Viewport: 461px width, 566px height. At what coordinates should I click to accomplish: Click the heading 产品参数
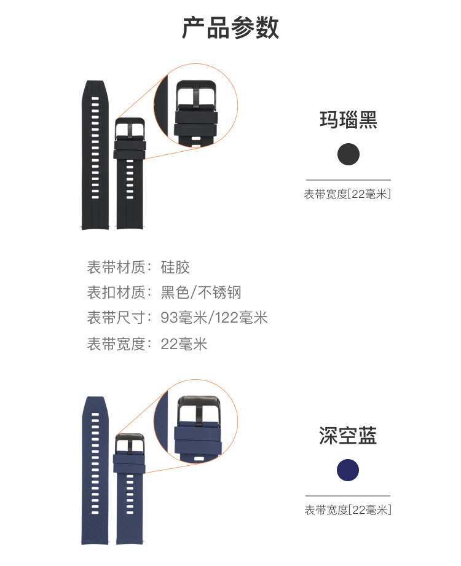point(230,28)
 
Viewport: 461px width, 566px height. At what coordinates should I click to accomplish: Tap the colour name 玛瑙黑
point(348,119)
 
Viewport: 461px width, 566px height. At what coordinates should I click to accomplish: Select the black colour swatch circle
point(349,154)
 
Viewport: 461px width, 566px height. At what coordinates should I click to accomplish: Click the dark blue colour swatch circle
point(348,470)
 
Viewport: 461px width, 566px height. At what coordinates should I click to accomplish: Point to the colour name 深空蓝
point(348,436)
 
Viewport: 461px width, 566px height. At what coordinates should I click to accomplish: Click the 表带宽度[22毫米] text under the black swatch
point(347,194)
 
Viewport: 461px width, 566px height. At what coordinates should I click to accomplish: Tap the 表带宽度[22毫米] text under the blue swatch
point(347,510)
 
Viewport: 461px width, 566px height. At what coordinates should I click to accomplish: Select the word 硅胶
point(175,267)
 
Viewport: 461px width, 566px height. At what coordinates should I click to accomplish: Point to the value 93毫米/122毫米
point(214,318)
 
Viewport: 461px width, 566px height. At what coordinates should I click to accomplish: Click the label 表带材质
point(116,267)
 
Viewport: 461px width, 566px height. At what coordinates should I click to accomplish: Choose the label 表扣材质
point(116,293)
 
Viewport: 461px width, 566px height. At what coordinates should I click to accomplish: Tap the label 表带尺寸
point(116,318)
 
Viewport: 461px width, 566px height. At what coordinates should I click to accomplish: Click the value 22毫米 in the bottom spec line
point(184,344)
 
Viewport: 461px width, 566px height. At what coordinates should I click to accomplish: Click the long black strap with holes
point(95,154)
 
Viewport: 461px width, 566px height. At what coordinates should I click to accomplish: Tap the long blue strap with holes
point(95,470)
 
